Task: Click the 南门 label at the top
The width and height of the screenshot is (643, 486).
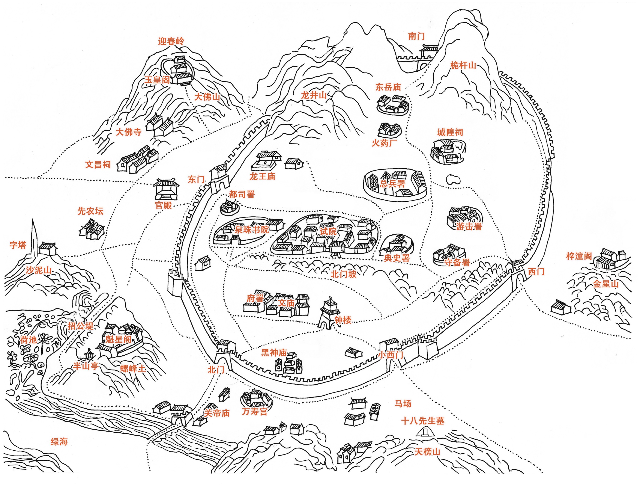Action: click(x=416, y=36)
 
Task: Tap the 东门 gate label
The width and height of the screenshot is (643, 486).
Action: click(x=196, y=180)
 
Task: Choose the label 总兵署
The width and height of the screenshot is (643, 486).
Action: click(x=392, y=184)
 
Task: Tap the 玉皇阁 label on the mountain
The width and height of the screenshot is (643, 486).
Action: click(x=157, y=80)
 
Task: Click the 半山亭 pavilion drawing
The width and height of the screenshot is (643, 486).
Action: click(x=88, y=354)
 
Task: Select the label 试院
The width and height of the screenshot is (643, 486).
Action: click(x=328, y=231)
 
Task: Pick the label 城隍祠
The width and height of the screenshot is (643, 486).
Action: click(x=450, y=132)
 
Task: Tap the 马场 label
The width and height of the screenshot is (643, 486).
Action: click(x=403, y=404)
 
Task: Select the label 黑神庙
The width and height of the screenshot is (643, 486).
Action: click(x=274, y=353)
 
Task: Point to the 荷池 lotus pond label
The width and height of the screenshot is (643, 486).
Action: click(x=28, y=340)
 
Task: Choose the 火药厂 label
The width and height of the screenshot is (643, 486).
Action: click(x=384, y=143)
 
